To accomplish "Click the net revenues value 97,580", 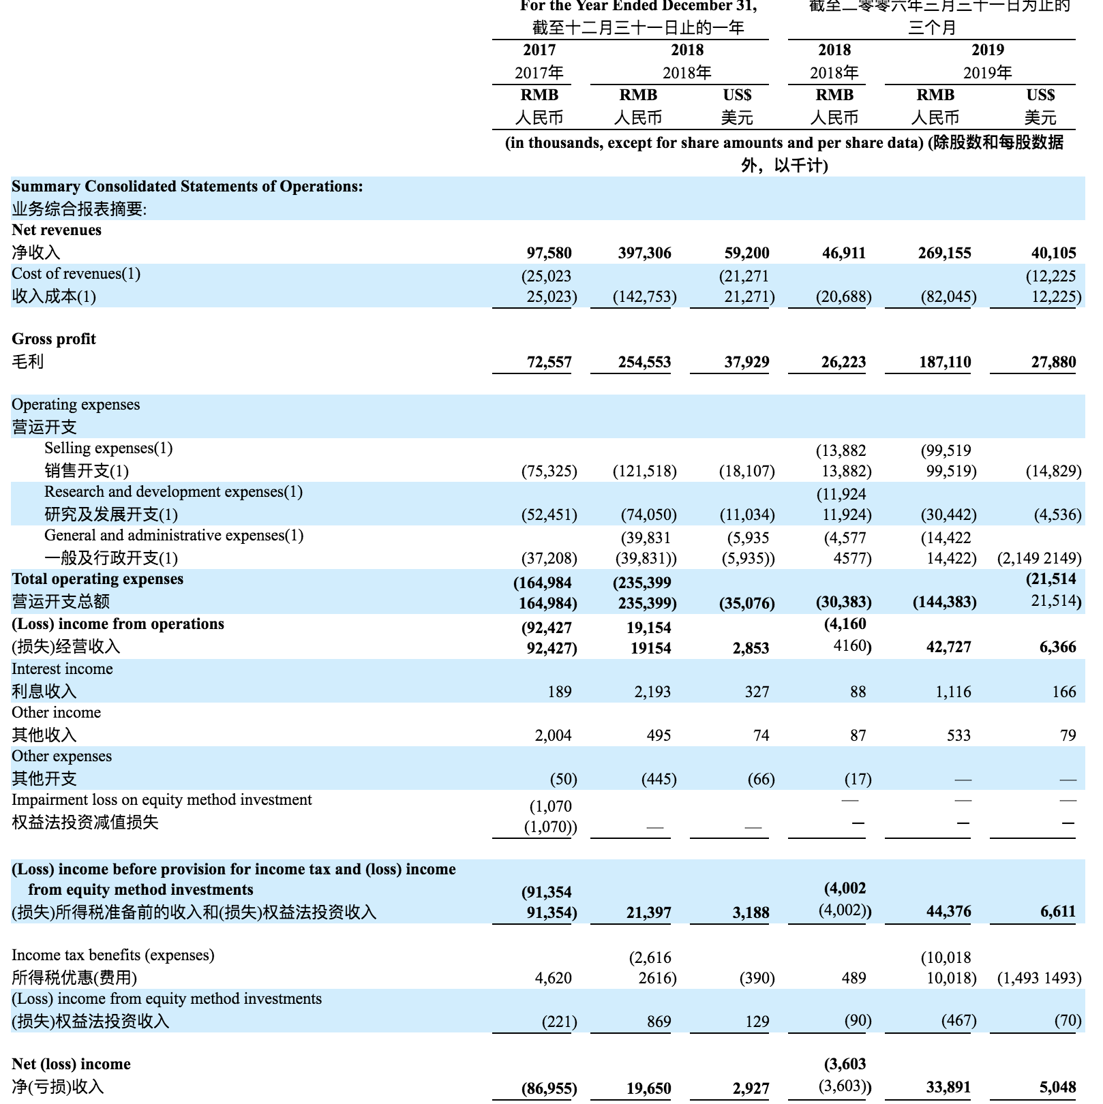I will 549,253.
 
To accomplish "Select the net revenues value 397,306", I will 644,253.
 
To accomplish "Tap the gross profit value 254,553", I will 644,362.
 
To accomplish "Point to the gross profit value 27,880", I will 1053,362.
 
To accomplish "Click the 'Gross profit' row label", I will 54,339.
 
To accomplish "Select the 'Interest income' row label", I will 62,669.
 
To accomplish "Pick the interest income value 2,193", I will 652,692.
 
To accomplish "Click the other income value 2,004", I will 553,735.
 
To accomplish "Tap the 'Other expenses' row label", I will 61,756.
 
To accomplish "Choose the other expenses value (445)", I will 659,779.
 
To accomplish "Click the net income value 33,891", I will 948,1087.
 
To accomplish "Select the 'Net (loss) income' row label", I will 71,1064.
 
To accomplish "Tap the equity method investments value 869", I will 659,1022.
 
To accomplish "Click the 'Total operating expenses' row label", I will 97,579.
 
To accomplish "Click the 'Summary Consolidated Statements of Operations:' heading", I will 187,186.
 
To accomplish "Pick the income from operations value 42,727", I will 948,647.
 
